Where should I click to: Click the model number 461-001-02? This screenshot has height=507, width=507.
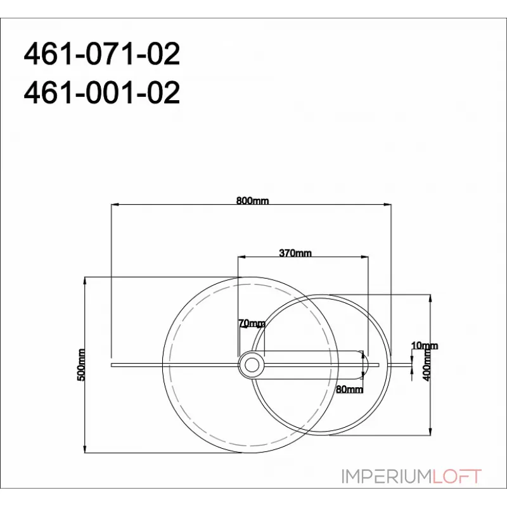tap(101, 93)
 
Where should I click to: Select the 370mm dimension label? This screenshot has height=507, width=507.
tap(295, 253)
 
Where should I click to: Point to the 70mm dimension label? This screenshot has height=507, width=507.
tap(252, 323)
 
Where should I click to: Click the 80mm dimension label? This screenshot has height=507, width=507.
tap(350, 388)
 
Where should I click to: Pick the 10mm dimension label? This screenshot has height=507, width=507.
tap(424, 345)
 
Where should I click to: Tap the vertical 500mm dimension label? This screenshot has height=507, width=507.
tap(80, 364)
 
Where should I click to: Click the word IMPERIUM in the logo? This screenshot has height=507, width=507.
tap(386, 477)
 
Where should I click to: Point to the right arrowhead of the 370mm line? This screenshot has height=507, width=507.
tap(366, 257)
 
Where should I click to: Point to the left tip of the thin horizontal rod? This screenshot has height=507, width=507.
tap(112, 365)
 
